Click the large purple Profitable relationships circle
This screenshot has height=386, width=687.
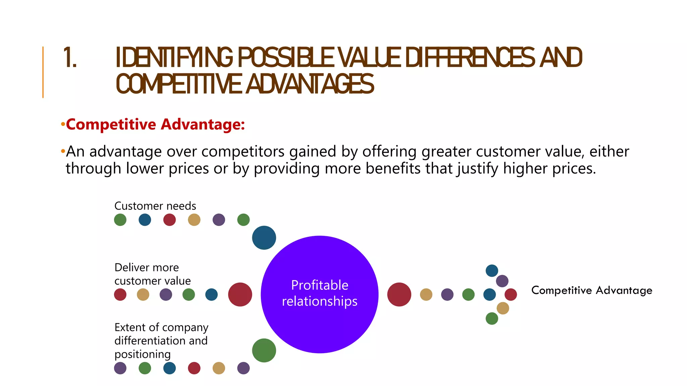click(319, 294)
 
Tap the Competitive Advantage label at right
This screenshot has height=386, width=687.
click(592, 290)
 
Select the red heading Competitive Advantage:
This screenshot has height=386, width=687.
click(155, 124)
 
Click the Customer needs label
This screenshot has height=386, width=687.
click(155, 206)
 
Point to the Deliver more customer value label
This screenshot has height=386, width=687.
click(152, 274)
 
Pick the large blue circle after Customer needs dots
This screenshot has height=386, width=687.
click(264, 238)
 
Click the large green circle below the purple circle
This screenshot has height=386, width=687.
click(264, 350)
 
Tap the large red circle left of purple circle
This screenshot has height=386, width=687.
click(240, 295)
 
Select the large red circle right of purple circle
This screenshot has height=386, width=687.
click(399, 295)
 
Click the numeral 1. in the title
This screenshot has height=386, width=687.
click(70, 58)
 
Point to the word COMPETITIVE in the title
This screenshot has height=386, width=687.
click(178, 84)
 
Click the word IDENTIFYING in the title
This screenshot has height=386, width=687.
click(174, 58)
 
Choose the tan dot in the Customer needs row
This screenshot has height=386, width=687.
click(194, 220)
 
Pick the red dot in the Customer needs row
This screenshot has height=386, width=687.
click(169, 220)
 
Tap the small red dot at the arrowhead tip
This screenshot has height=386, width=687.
click(511, 295)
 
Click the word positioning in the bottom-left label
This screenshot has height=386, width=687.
click(143, 354)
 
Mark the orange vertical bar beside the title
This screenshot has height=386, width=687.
click(43, 72)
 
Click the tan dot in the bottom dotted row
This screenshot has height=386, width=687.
click(219, 368)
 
